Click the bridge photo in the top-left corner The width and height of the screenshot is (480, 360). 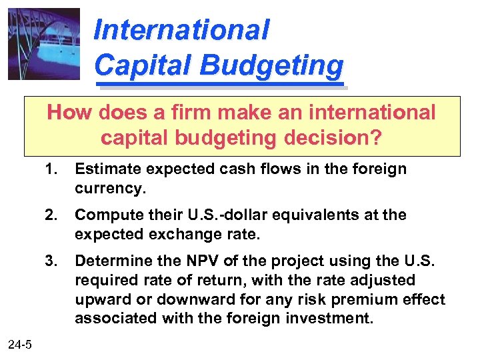[44, 44]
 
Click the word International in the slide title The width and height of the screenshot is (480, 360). [181, 29]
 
